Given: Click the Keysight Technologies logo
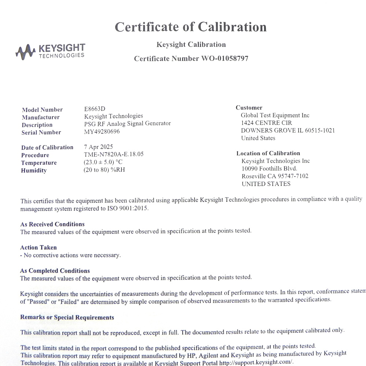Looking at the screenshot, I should (51, 51).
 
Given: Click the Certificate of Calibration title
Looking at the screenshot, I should (191, 27).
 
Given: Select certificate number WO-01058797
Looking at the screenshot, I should (225, 59).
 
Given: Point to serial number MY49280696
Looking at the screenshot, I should (102, 131).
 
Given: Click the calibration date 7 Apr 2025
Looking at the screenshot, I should (98, 147).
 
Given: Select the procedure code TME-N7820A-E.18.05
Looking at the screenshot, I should (113, 154).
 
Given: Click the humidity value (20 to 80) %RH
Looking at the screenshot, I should (104, 170).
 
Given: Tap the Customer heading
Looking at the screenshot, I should (249, 108).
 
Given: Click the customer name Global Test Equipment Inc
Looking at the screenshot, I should (275, 115).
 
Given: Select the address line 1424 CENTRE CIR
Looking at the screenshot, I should (266, 123).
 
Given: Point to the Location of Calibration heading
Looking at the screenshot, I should (268, 153).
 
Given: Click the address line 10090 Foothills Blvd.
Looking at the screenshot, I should (269, 169).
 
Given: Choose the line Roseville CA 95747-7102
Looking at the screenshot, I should (275, 176).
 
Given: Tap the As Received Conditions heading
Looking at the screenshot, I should (52, 224).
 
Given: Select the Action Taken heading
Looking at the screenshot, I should (38, 247).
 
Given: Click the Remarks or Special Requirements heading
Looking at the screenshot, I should (67, 317).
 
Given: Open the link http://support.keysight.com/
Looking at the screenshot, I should (256, 362).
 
